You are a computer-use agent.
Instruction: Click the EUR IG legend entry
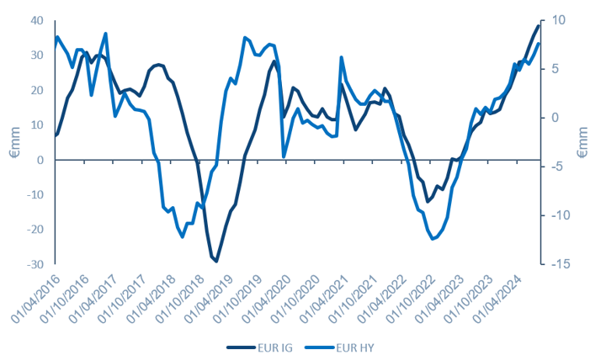pos(260,348)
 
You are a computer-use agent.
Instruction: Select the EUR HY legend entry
pos(340,348)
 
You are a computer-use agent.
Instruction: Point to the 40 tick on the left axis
pos(37,20)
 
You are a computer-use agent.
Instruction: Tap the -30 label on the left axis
pos(35,265)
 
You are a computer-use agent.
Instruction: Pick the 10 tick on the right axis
pos(557,20)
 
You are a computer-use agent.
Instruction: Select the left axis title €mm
pos(15,142)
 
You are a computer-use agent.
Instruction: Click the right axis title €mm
pos(582,142)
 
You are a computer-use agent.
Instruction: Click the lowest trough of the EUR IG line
pos(216,262)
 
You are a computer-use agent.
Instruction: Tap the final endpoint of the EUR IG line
pos(539,25)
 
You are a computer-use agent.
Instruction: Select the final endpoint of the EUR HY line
pos(539,44)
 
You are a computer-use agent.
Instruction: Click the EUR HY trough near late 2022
pos(433,239)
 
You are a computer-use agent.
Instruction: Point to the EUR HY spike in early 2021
pos(342,57)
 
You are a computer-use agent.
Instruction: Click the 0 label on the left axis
pos(40,160)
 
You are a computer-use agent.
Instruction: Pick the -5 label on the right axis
pos(555,167)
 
